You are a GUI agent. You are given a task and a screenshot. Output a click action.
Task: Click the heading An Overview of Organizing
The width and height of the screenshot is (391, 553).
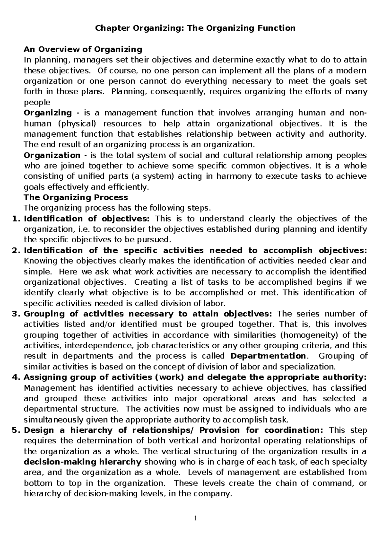83,49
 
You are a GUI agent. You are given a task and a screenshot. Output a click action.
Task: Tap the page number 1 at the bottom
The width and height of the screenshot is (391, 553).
195,518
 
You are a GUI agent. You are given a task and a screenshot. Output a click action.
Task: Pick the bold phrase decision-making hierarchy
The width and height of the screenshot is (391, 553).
83,462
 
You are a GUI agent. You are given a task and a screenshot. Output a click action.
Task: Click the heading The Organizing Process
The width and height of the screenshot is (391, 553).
76,197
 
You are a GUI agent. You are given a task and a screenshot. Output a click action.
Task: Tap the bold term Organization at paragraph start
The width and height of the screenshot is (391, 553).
52,155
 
